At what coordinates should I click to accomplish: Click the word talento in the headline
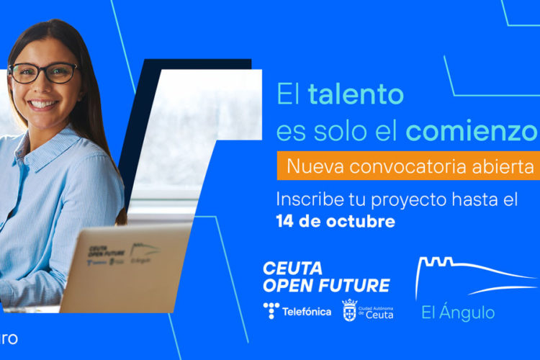[x=356, y=94]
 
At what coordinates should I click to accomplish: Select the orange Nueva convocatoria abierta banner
[x=408, y=166]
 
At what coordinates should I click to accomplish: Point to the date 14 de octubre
[x=336, y=221]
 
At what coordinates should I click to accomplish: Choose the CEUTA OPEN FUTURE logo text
[x=325, y=277]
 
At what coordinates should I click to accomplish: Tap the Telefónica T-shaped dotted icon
[x=271, y=311]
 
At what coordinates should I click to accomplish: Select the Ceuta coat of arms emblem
[x=349, y=310]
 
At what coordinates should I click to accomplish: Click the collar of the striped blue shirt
[x=43, y=140]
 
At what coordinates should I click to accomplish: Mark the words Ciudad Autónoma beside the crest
[x=376, y=306]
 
